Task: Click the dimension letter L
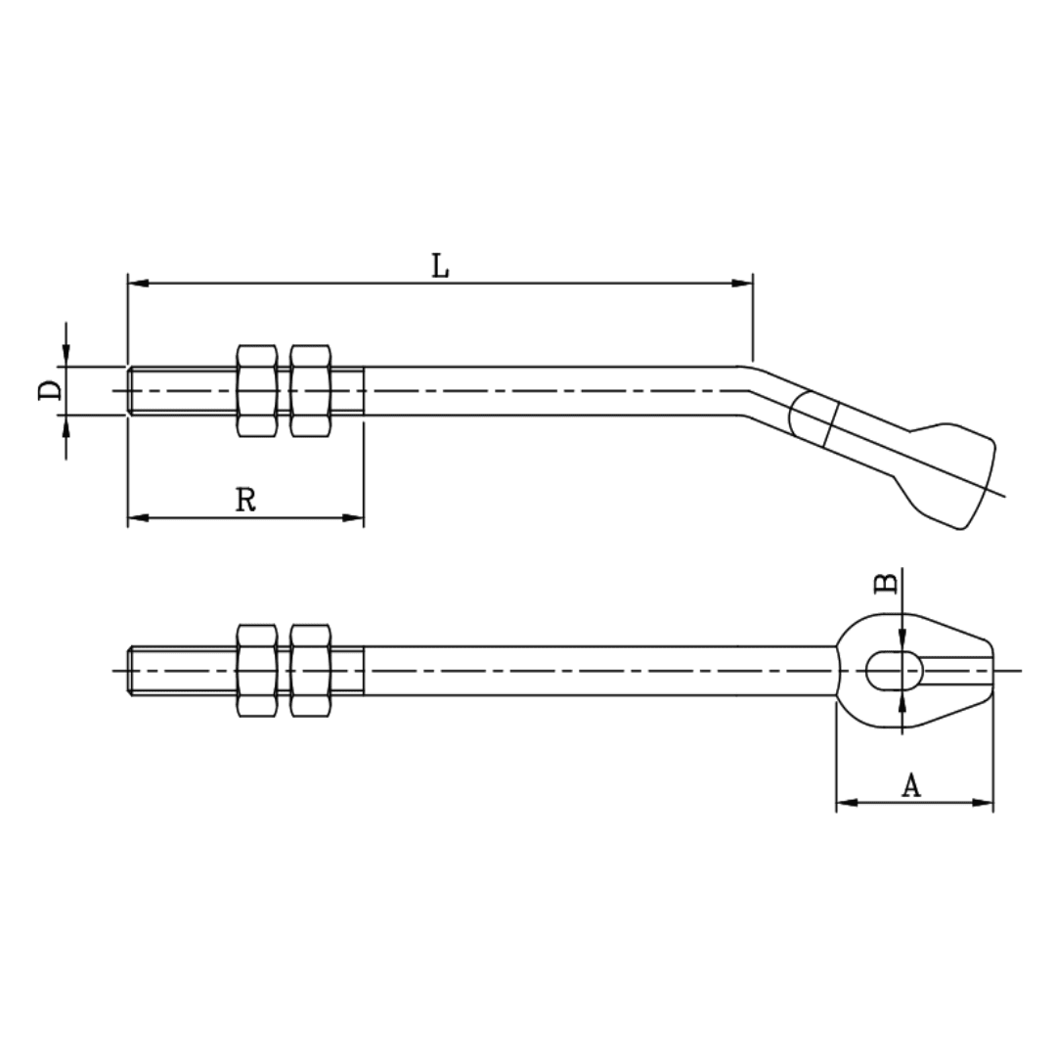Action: click(441, 265)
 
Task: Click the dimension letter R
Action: click(245, 500)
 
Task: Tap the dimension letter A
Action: click(910, 785)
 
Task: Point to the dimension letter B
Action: click(885, 584)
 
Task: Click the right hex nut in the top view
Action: click(311, 390)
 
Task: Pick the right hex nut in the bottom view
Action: click(311, 671)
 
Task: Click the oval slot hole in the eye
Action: click(894, 671)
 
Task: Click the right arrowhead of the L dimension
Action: click(743, 284)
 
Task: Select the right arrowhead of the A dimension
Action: click(983, 803)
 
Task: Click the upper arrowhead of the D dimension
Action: click(66, 357)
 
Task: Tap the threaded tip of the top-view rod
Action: click(147, 390)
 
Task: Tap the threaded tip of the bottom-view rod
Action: click(147, 671)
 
